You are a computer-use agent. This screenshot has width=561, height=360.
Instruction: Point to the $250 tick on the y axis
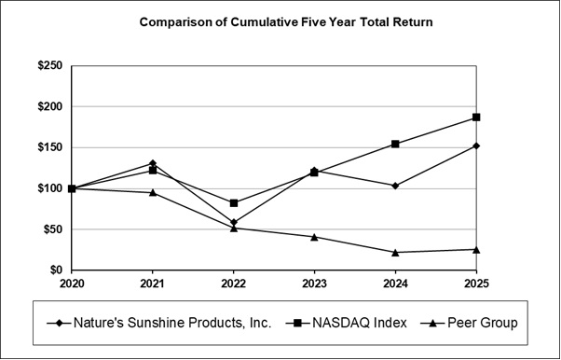tap(48, 66)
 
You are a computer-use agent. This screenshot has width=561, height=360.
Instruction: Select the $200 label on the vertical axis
tap(48, 107)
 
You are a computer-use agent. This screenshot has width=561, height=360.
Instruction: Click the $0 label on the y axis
tap(55, 270)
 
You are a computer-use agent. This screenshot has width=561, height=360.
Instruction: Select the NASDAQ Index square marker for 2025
tap(476, 118)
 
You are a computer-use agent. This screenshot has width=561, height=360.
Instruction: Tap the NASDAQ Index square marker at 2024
tap(395, 144)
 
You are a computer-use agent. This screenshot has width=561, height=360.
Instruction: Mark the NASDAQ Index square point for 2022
tap(234, 202)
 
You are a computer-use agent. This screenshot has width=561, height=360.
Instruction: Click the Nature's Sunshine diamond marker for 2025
tap(476, 145)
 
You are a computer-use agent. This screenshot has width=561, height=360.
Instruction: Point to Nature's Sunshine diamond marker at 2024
tap(395, 186)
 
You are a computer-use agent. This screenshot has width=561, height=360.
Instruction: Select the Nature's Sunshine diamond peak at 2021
tap(153, 163)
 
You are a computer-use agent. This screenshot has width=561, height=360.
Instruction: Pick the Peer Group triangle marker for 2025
tap(476, 249)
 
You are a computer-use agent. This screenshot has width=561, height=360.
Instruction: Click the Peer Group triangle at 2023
tap(314, 237)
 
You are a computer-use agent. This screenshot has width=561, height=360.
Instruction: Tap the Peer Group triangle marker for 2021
tap(153, 192)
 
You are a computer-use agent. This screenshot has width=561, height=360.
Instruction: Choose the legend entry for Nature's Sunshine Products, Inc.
tap(158, 323)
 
